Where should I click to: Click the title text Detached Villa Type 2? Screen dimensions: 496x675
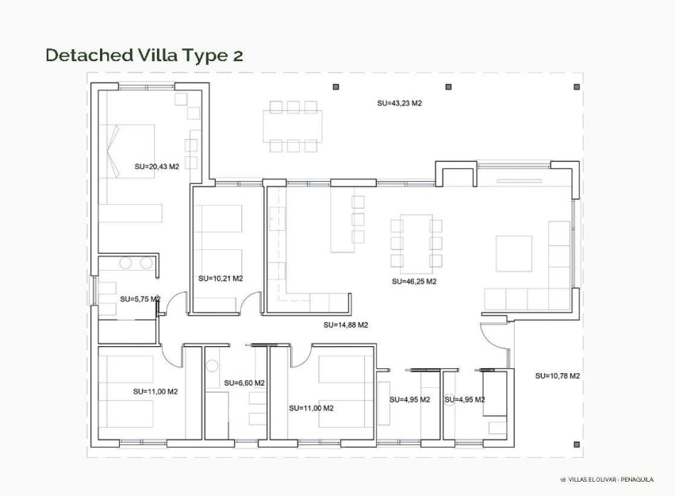(144, 55)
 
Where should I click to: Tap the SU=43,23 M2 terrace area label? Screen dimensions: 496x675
(399, 103)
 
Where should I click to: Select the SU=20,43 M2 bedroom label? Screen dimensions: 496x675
(156, 167)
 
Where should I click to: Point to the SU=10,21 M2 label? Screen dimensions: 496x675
(220, 279)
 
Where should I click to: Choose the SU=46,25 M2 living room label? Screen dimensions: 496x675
(414, 281)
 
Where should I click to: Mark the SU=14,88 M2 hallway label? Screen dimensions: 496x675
(345, 325)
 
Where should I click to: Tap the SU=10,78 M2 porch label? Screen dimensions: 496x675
(557, 375)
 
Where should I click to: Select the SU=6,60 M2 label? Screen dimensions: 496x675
(244, 383)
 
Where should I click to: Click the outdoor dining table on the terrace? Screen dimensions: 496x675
(293, 126)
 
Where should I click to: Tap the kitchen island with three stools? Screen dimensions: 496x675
(342, 221)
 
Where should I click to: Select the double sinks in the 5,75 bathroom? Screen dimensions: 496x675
(136, 263)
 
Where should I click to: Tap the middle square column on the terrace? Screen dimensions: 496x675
(448, 87)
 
